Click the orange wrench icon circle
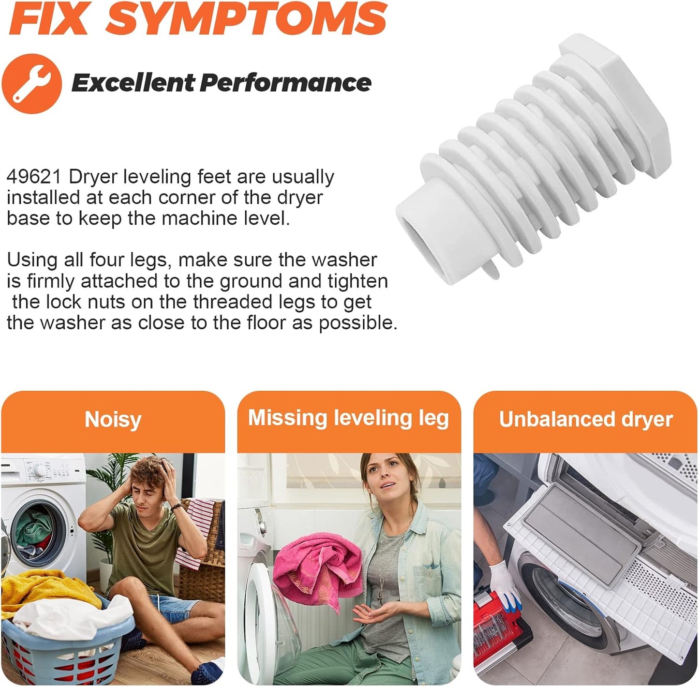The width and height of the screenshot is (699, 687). [x=31, y=83]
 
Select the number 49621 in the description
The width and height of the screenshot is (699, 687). [x=34, y=177]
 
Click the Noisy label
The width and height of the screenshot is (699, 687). [x=113, y=419]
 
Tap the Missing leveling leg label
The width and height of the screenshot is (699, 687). [x=348, y=418]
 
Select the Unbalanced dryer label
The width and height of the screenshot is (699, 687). [x=585, y=419]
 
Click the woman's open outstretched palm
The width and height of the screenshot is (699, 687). [x=372, y=615]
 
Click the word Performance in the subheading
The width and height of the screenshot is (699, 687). [x=285, y=83]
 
